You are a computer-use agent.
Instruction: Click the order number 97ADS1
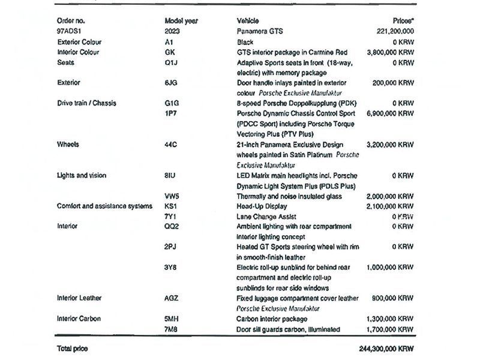pyautogui.click(x=69, y=31)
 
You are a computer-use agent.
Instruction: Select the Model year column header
pyautogui.click(x=181, y=20)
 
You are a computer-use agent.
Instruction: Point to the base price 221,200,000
pyautogui.click(x=393, y=31)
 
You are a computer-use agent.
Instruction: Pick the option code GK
pyautogui.click(x=170, y=52)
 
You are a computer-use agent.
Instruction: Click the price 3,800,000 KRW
pyautogui.click(x=390, y=52)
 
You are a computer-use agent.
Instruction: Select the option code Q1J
pyautogui.click(x=171, y=62)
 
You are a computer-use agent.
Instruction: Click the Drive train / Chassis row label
pyautogui.click(x=86, y=103)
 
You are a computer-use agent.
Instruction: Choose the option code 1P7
pyautogui.click(x=170, y=113)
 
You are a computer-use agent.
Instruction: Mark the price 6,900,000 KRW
pyautogui.click(x=390, y=113)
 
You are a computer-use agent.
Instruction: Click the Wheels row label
pyautogui.click(x=69, y=145)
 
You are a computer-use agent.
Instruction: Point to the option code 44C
pyautogui.click(x=171, y=145)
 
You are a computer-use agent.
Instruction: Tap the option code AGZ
pyautogui.click(x=172, y=298)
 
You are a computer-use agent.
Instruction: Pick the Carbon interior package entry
pyautogui.click(x=272, y=319)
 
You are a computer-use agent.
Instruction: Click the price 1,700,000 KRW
pyautogui.click(x=390, y=329)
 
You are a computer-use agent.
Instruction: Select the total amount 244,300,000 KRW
pyautogui.click(x=385, y=349)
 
